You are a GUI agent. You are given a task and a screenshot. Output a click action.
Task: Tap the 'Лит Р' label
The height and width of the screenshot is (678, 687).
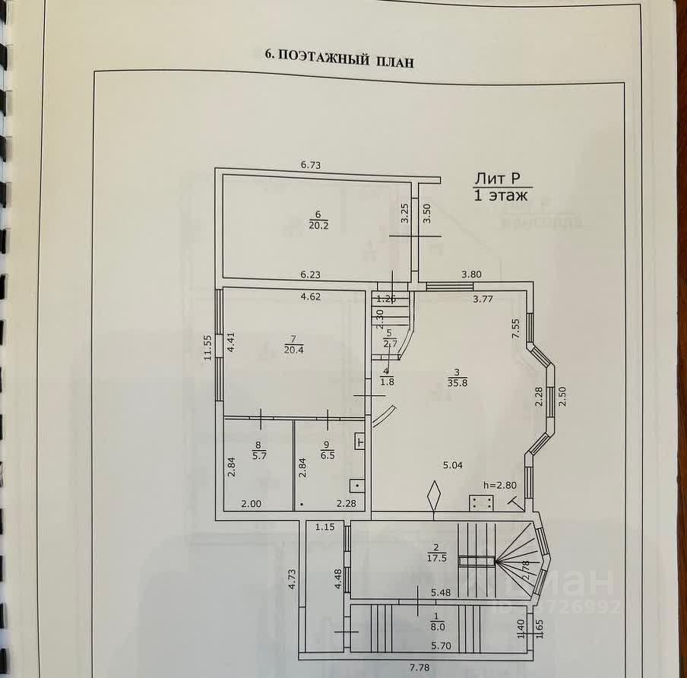(497, 179)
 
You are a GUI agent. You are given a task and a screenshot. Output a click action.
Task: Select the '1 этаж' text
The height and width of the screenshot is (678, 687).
(500, 195)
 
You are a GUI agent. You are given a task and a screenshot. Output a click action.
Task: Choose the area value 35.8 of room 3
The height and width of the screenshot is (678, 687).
(456, 382)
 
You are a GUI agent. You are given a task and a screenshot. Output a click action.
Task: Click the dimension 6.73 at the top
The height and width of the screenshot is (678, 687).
(312, 164)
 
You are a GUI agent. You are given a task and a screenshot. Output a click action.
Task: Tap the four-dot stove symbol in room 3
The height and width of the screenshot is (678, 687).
(481, 502)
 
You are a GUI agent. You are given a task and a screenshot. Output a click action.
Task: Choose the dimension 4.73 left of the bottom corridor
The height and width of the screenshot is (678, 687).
(292, 581)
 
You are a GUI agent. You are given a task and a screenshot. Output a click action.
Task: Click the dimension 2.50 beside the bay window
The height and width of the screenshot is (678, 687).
(563, 396)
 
